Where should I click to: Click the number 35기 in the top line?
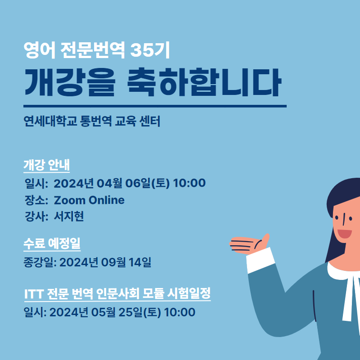tap(150, 50)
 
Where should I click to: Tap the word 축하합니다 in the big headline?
tap(204, 82)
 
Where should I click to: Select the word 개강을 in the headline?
tap(69, 82)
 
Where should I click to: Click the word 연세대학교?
tap(50, 121)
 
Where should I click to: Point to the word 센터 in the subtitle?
tap(150, 121)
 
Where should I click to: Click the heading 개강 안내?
tap(47, 165)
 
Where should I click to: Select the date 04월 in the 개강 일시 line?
tap(109, 183)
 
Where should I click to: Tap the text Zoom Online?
tap(89, 200)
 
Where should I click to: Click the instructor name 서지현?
tap(69, 216)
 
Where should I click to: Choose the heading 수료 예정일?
tap(52, 243)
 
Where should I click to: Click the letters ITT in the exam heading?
tap(34, 293)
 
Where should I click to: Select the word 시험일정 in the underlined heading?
tap(189, 293)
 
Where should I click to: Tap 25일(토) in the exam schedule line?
tap(139, 312)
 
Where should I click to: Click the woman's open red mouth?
tap(344, 234)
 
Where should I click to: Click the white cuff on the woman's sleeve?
tap(261, 260)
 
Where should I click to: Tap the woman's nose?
tap(344, 220)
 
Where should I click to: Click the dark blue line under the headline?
tap(155, 106)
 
